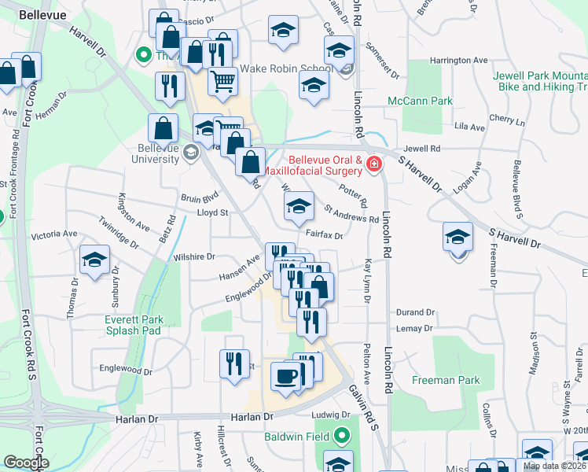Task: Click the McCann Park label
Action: click(x=420, y=101)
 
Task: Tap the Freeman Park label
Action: click(x=446, y=380)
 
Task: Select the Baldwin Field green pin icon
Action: click(x=341, y=434)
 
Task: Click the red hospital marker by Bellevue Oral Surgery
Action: click(x=373, y=164)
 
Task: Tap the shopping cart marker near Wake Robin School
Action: click(x=223, y=80)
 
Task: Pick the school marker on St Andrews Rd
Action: click(x=298, y=207)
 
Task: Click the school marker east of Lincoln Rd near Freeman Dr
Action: click(x=458, y=237)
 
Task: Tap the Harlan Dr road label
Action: click(x=252, y=415)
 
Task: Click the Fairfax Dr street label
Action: click(x=324, y=235)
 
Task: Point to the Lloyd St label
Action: click(x=212, y=212)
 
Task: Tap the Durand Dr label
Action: click(x=416, y=312)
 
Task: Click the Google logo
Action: click(x=26, y=463)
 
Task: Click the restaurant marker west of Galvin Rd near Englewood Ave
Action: click(x=234, y=363)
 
